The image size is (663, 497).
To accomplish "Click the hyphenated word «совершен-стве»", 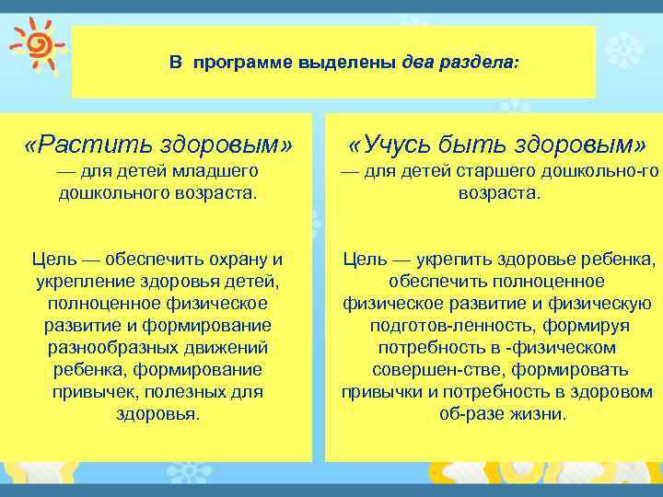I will [421, 369].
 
